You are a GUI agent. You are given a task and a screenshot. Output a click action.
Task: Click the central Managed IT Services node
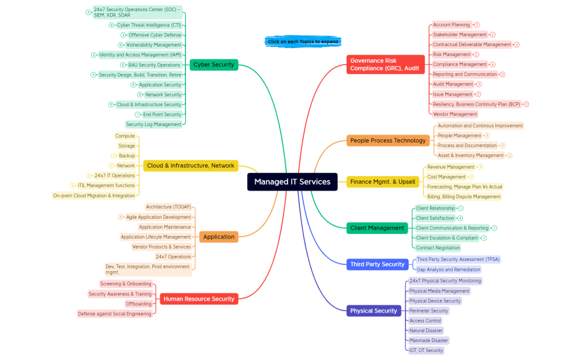pyautogui.click(x=292, y=182)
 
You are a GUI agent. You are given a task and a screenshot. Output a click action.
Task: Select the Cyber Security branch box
pyautogui.click(x=213, y=65)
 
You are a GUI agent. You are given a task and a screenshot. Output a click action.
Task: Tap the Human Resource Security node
pyautogui.click(x=199, y=299)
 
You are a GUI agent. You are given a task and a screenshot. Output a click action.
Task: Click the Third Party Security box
pyautogui.click(x=377, y=264)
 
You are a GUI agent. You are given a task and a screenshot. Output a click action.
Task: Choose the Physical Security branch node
pyautogui.click(x=373, y=311)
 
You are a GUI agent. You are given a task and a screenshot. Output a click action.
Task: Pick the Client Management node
pyautogui.click(x=377, y=228)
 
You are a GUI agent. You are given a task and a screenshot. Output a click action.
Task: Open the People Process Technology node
pyautogui.click(x=388, y=140)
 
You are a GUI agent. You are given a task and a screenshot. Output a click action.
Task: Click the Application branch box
pyautogui.click(x=218, y=237)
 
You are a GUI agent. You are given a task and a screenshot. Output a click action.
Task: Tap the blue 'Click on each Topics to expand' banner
pyautogui.click(x=303, y=42)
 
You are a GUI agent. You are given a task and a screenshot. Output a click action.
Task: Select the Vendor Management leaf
pyautogui.click(x=454, y=114)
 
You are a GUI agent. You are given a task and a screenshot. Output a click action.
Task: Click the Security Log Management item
pyautogui.click(x=154, y=124)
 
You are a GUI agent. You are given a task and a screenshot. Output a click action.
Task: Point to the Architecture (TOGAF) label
pyautogui.click(x=168, y=207)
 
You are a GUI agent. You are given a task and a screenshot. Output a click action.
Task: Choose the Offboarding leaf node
pyautogui.click(x=138, y=304)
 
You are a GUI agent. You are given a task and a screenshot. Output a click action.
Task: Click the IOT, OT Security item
pyautogui.click(x=426, y=350)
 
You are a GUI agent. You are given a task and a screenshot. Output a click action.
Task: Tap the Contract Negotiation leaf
pyautogui.click(x=438, y=248)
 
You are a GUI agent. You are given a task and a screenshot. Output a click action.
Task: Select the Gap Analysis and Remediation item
pyautogui.click(x=448, y=270)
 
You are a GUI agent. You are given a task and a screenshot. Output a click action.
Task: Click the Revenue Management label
pyautogui.click(x=450, y=167)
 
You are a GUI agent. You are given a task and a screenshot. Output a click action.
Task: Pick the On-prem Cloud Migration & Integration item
pyautogui.click(x=94, y=195)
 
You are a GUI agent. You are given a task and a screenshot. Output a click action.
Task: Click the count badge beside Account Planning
pyautogui.click(x=477, y=25)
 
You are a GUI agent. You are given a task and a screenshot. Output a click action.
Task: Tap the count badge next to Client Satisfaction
pyautogui.click(x=460, y=218)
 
